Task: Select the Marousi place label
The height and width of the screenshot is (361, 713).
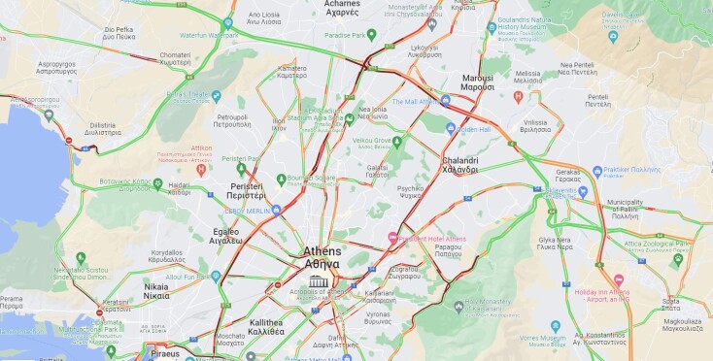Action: pos(477,82)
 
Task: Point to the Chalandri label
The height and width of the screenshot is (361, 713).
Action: pos(460,164)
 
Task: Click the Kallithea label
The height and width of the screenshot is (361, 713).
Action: pos(266,326)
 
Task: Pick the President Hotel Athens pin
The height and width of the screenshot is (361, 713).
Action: pos(392,238)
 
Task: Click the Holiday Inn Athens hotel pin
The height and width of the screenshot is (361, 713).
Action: pos(618,279)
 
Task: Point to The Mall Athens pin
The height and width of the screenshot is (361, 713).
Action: pos(446,101)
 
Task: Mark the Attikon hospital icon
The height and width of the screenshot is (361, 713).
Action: pos(201,169)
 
